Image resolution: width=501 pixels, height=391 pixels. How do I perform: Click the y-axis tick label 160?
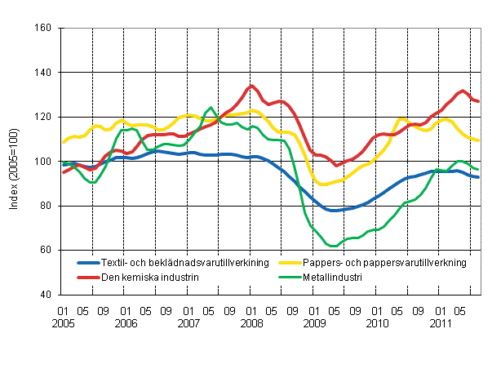[x=43, y=29]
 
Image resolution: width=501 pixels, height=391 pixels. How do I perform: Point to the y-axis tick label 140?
[x=43, y=73]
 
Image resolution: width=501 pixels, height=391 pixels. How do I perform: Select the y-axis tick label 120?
[x=43, y=118]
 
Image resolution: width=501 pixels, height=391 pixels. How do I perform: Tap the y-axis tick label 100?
[x=43, y=162]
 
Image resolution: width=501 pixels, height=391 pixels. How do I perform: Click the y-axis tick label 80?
[x=46, y=206]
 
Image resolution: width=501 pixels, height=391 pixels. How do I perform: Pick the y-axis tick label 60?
[x=46, y=250]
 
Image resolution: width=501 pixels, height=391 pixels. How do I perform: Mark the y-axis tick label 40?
[x=46, y=295]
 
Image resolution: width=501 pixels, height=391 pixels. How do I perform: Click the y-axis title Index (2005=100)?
[x=15, y=162]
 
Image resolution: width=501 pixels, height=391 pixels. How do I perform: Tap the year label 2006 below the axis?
[x=126, y=323]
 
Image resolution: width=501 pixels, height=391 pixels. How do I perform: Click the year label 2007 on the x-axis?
[x=188, y=323]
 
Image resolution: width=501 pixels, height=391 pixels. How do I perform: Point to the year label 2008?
[x=251, y=323]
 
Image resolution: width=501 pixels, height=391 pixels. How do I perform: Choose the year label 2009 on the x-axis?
[x=314, y=323]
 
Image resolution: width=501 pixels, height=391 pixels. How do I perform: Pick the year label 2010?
[x=376, y=323]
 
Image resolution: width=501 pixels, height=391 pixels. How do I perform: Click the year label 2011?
[x=439, y=323]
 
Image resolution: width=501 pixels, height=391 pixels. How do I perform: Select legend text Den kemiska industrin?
[x=149, y=278]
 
